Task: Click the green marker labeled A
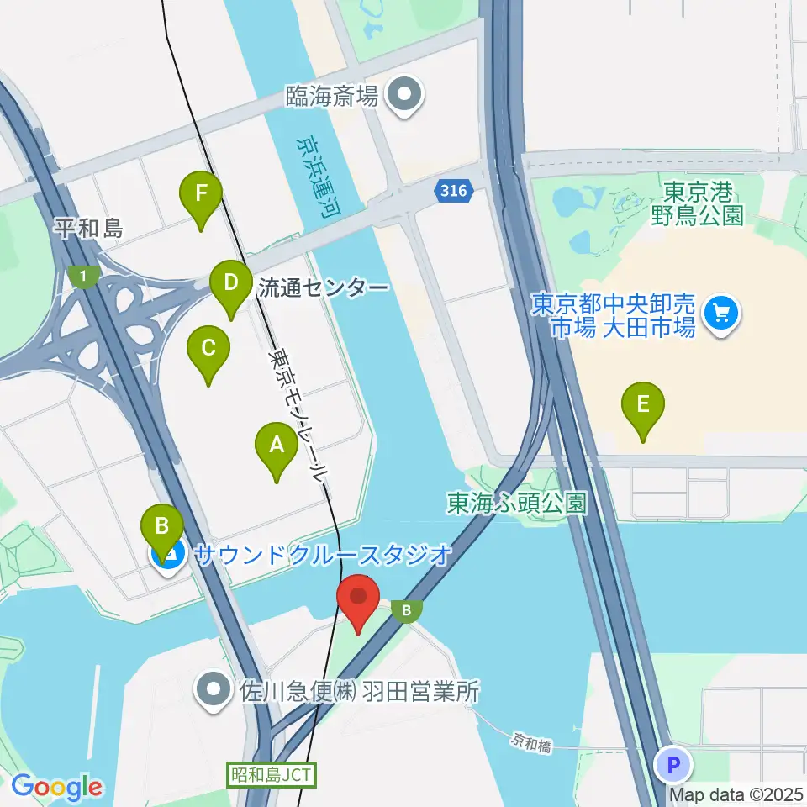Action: point(276,449)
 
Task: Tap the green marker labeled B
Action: point(161,528)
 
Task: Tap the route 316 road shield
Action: point(454,192)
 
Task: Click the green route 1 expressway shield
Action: point(83,276)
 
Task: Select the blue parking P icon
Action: point(672,765)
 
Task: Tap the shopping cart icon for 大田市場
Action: point(721,314)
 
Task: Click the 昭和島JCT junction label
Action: point(272,774)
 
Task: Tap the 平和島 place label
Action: point(88,227)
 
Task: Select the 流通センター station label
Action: point(323,288)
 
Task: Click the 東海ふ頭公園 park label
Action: point(516,503)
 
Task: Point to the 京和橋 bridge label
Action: point(532,742)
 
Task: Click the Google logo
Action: point(56,788)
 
